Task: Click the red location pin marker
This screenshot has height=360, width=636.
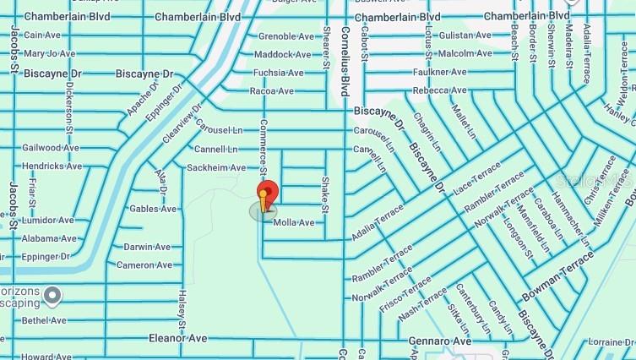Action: coord(267,189)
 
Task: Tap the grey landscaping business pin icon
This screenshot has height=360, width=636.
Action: coord(53,296)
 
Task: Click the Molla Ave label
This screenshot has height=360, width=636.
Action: coord(294,223)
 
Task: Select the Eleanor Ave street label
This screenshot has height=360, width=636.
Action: coord(178,338)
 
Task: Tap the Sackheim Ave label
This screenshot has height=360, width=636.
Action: coord(216,168)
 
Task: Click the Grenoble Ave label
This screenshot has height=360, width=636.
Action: coord(285,36)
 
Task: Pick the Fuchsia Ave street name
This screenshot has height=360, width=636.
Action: coord(278,74)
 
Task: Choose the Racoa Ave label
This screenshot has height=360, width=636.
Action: coord(272,91)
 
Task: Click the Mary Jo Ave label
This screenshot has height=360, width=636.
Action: coord(50,53)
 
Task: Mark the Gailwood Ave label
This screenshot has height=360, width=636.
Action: coord(51,147)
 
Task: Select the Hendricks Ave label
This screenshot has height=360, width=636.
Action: coord(52,166)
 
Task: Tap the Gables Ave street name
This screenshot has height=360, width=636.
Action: coord(153,209)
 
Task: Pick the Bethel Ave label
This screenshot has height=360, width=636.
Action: coord(44,321)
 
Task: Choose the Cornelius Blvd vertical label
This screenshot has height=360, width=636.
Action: coord(345,59)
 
